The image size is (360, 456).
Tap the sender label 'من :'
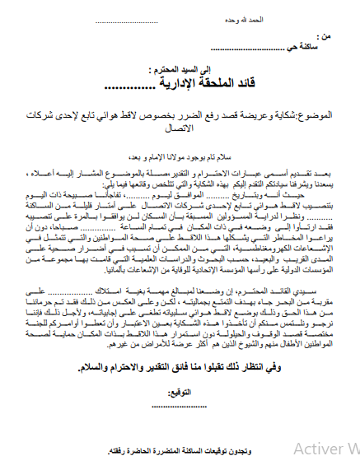coord(327,38)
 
